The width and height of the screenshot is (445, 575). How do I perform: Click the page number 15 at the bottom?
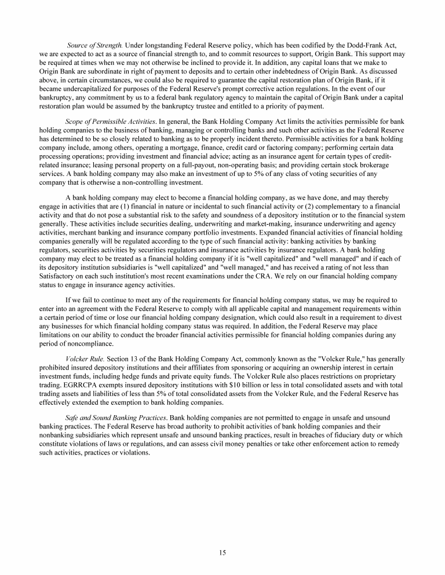point(222,552)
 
